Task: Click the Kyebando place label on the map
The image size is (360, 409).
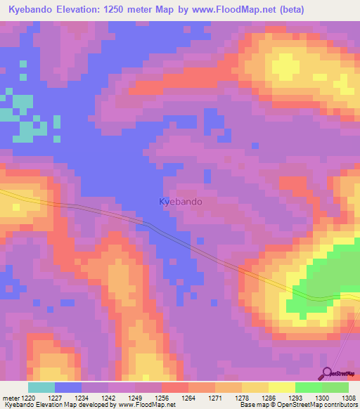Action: click(181, 202)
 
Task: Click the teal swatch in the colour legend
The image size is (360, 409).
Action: click(41, 387)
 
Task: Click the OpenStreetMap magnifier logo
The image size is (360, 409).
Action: click(326, 372)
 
